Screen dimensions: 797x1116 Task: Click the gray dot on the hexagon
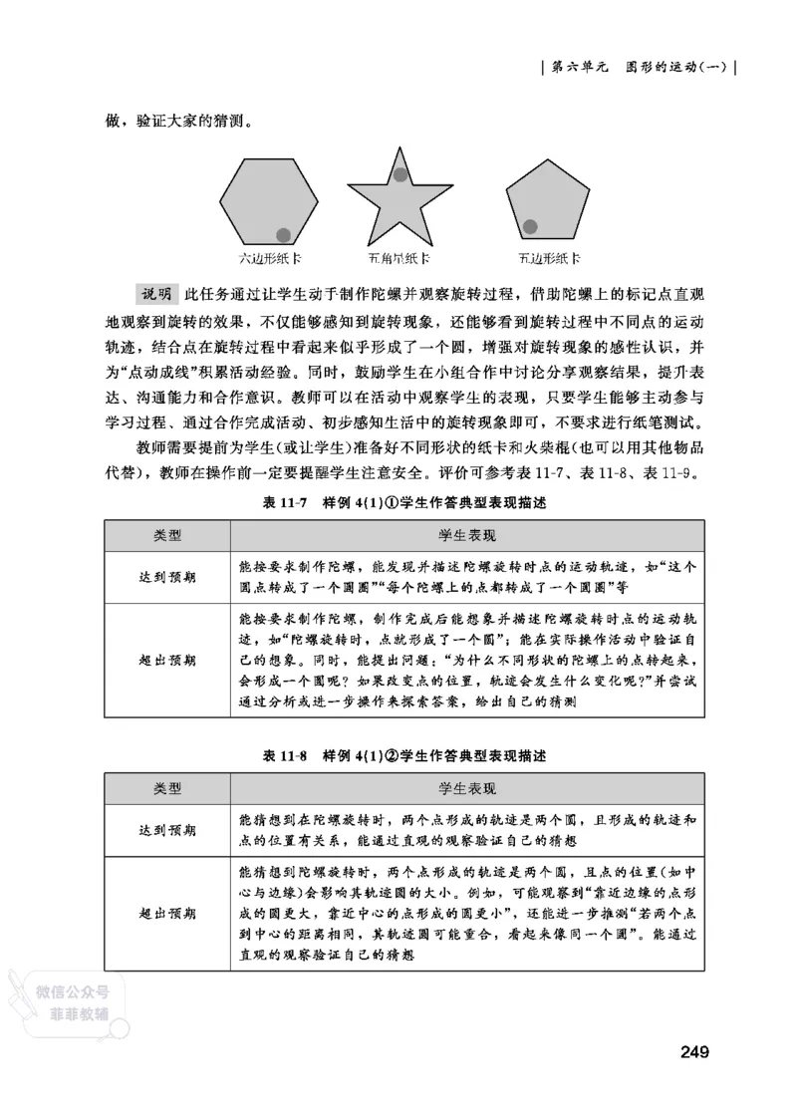284,234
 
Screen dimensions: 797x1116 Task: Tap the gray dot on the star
399,175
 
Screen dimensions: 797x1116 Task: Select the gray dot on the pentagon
531,226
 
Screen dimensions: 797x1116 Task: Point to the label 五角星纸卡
398,259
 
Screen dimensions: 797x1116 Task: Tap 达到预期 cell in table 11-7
167,577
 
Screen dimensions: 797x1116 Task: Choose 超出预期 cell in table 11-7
167,660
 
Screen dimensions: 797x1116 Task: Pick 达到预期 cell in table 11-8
167,829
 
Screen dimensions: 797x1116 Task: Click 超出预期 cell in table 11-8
167,912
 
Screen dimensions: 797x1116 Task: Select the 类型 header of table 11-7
167,535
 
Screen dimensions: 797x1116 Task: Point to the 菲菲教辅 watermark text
79,1012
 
